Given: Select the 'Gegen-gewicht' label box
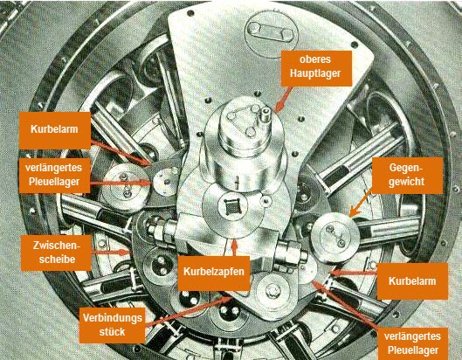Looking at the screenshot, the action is (x=407, y=176).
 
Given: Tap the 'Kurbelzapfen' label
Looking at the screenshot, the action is (x=214, y=273).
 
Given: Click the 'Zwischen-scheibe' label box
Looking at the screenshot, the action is (x=56, y=253).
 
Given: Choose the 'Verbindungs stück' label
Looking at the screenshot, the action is (x=113, y=325).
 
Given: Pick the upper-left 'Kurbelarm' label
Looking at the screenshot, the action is (x=55, y=130).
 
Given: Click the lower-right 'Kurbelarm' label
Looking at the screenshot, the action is (x=412, y=281).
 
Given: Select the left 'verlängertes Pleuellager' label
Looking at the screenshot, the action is (x=54, y=175).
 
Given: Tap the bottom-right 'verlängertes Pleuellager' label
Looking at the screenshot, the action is (x=412, y=343).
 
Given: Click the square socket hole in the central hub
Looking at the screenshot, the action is (x=231, y=207).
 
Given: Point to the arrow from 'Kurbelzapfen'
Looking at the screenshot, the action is (x=234, y=247).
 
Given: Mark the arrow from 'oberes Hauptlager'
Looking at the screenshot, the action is (x=282, y=100).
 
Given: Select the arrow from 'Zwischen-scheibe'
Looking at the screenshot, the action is (x=111, y=253).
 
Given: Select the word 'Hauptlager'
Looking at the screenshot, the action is (x=315, y=73).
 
